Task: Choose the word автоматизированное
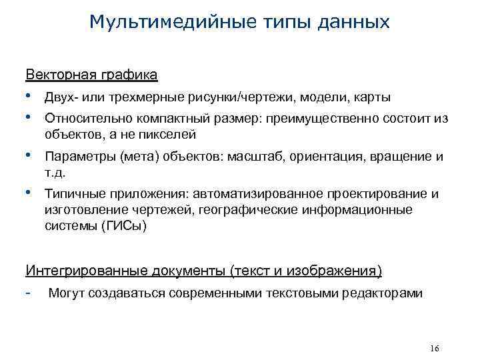[257, 194]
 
